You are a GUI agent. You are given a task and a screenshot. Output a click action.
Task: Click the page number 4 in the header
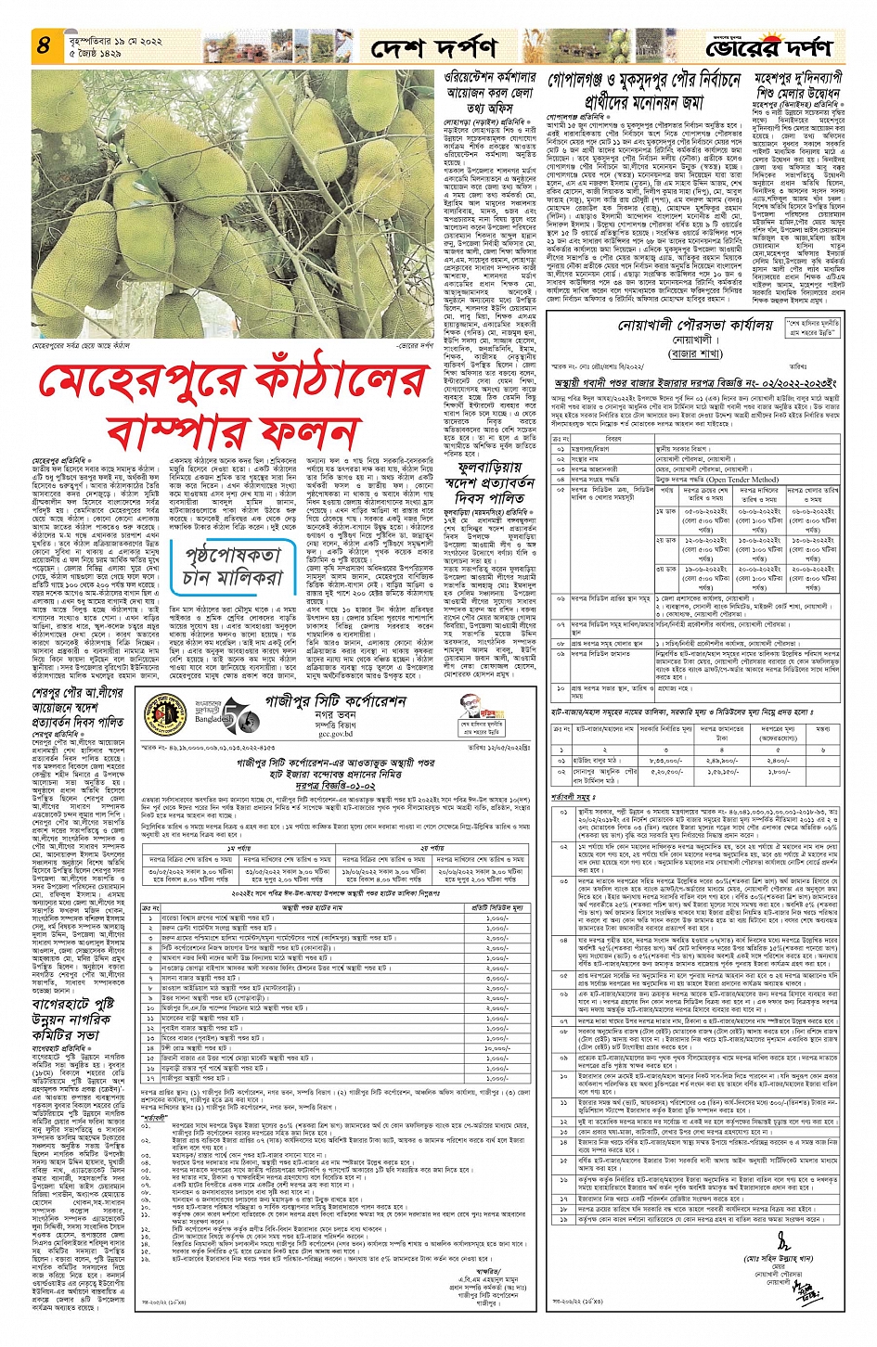43,45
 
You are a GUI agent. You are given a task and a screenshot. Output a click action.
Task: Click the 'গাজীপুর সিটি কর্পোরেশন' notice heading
336,701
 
